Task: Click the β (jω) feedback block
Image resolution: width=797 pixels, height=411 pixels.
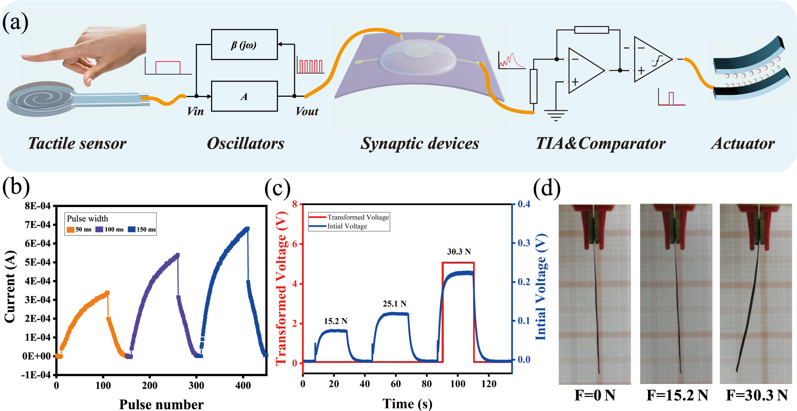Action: coord(244,45)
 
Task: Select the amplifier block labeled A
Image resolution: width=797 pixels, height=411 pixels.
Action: coord(244,96)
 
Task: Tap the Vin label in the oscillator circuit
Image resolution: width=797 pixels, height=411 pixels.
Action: coord(195,111)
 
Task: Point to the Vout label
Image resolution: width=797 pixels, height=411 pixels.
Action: coord(307,111)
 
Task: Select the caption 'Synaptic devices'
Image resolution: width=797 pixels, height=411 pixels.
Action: coord(420,143)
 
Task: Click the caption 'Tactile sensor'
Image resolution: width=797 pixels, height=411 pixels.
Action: coord(77,143)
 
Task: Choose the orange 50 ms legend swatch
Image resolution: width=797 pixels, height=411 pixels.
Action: coord(70,230)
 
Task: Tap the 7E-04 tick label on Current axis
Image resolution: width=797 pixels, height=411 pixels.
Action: coord(38,225)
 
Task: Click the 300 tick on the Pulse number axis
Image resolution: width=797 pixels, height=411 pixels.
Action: coord(196,385)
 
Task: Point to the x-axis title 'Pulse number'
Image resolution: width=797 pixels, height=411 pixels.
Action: coord(161,404)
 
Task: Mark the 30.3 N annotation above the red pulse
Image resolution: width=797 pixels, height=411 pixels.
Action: coord(459,252)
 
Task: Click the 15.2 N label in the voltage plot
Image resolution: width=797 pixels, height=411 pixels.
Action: coord(336,321)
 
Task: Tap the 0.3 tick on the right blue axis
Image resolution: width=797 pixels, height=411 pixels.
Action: coord(524,243)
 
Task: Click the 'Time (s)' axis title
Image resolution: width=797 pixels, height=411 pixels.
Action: coord(407,404)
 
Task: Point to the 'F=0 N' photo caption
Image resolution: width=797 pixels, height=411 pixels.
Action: coord(595,395)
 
